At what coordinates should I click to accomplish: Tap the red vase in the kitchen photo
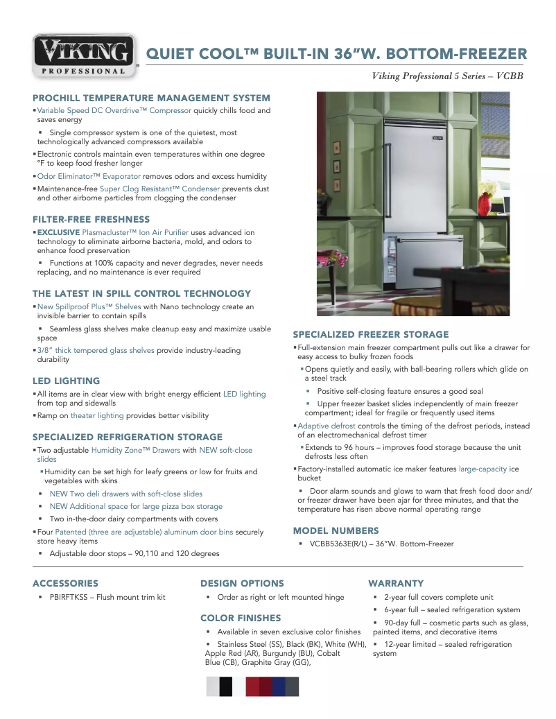pyautogui.click(x=485, y=204)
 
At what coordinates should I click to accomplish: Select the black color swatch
pyautogui.click(x=226, y=686)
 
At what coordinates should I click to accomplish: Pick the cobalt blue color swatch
pyautogui.click(x=279, y=686)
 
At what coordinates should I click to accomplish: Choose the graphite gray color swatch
pyautogui.click(x=292, y=686)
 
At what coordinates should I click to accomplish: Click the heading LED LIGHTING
pyautogui.click(x=67, y=381)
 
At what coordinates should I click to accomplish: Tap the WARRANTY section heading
pyautogui.click(x=396, y=583)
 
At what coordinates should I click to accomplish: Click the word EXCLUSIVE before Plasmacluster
pyautogui.click(x=58, y=232)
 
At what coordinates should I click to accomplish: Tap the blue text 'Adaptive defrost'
pyautogui.click(x=327, y=426)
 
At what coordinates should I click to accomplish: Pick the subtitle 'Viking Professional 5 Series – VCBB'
pyautogui.click(x=448, y=76)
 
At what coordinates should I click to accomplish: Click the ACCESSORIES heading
pyautogui.click(x=65, y=583)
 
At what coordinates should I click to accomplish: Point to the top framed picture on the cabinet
pyautogui.click(x=336, y=147)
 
